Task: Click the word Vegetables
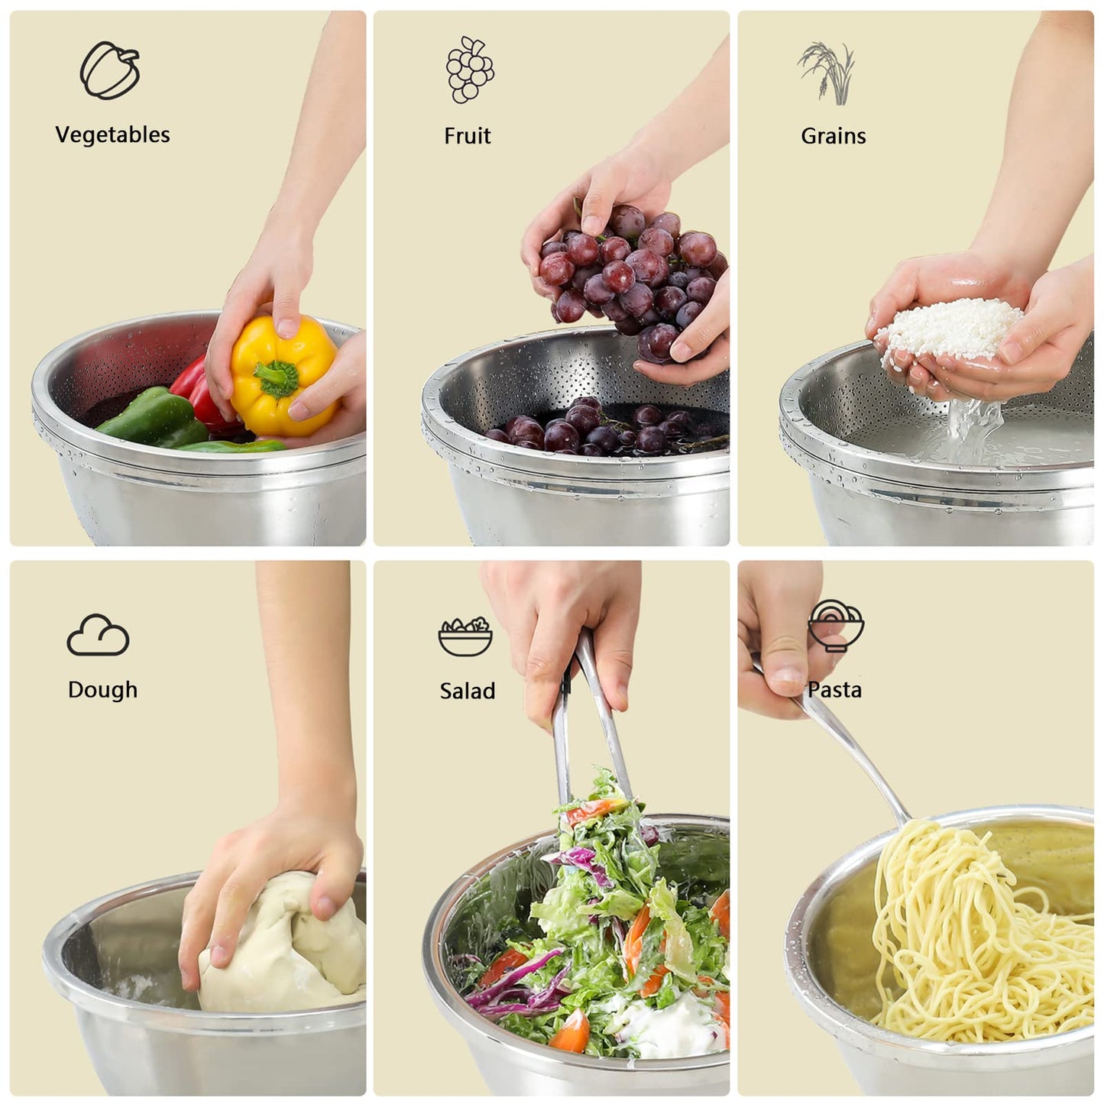[112, 135]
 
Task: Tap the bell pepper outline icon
[111, 70]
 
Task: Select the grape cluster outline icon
[469, 70]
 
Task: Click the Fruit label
[467, 136]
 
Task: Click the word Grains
[833, 136]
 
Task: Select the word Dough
[102, 690]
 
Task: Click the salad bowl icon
[465, 636]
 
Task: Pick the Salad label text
[467, 691]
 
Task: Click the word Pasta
[834, 690]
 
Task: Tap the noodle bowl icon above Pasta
[836, 625]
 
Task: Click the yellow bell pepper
[283, 374]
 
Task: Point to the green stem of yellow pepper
[275, 377]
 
